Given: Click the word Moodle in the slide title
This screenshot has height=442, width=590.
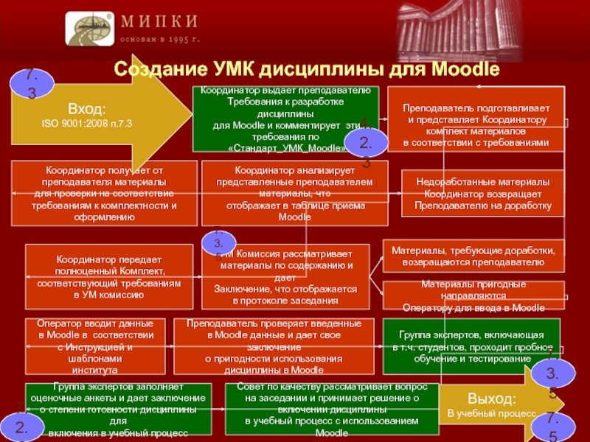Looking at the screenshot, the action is pyautogui.click(x=465, y=70).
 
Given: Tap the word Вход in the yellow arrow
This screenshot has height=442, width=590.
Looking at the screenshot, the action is pyautogui.click(x=87, y=108).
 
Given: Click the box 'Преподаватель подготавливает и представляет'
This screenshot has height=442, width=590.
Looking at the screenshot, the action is pyautogui.click(x=476, y=119).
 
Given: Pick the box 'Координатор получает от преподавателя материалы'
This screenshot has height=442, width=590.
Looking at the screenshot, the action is pyautogui.click(x=104, y=193).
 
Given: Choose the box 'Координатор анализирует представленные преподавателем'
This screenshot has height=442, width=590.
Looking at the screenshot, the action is pyautogui.click(x=295, y=193).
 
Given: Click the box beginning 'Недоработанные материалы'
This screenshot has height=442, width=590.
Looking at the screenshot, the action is pyautogui.click(x=482, y=193).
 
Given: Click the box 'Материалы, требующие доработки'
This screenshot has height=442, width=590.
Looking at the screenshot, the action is pyautogui.click(x=473, y=256).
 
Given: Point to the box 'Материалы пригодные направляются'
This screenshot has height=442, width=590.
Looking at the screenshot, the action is pyautogui.click(x=473, y=295).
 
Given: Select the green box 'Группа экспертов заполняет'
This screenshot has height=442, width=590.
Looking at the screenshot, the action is pyautogui.click(x=119, y=410).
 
